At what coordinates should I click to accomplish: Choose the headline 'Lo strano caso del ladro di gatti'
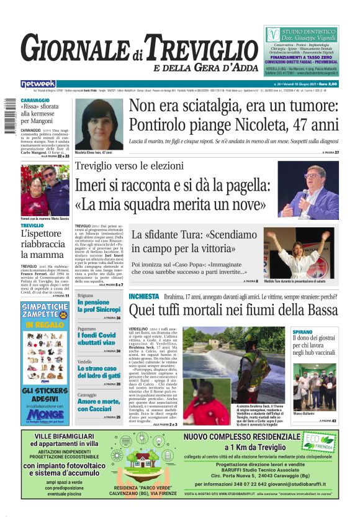[x=98, y=373]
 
